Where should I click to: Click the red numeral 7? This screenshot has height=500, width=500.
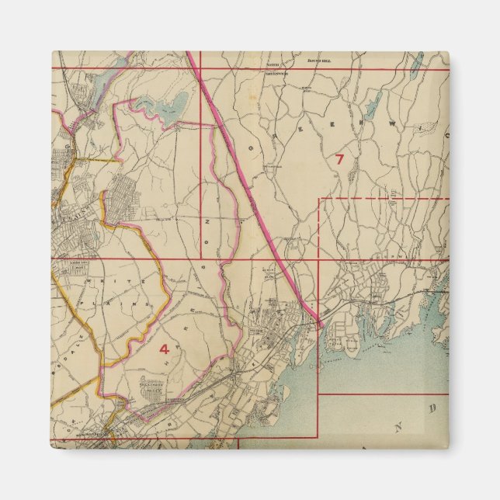point(339,159)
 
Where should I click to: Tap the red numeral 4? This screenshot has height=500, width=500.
point(164,349)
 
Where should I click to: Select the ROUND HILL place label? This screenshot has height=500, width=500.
point(319,59)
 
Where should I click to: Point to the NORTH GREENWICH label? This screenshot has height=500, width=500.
point(272,68)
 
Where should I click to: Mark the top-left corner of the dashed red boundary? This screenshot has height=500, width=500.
point(320,199)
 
